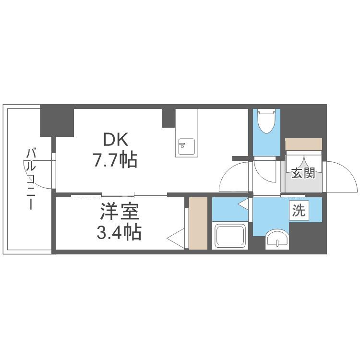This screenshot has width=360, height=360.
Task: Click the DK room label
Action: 115,140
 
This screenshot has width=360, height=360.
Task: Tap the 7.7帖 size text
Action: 115,159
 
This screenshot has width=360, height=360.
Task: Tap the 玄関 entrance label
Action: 303,173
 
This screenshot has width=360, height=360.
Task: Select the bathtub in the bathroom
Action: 231,236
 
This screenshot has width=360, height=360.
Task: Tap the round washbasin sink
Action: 277,239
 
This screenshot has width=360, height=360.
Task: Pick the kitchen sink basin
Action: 186,146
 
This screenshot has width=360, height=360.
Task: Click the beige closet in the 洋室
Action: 198,223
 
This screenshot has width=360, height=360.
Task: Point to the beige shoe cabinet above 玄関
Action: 303,144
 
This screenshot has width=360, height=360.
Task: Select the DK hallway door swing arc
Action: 234,178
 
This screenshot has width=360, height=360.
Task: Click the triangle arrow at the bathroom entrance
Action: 244,205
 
